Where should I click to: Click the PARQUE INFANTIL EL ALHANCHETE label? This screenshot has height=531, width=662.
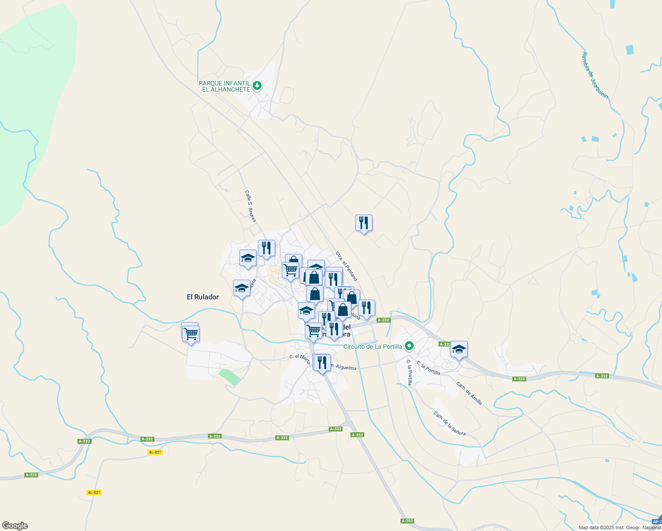point(224,86)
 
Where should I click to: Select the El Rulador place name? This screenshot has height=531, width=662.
point(203,297)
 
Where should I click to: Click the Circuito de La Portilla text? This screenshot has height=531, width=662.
point(373,346)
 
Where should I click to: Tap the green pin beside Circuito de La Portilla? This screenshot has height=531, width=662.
point(410,346)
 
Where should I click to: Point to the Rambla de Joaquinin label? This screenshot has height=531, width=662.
point(595,75)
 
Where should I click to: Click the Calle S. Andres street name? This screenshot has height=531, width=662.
point(250,206)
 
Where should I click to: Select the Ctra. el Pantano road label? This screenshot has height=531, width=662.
point(346,266)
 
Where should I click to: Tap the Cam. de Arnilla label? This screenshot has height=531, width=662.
point(469,393)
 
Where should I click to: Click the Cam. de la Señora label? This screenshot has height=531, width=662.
point(450,423)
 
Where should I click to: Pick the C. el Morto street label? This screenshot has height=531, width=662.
point(300,357)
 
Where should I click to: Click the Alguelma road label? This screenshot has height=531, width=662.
point(345,367)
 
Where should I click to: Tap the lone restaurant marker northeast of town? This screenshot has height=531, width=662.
point(364,223)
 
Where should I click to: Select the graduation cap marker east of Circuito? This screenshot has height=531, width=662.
point(459,349)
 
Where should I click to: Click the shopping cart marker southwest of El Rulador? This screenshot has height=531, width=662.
point(191,334)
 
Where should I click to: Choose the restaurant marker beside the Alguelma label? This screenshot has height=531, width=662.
point(322,362)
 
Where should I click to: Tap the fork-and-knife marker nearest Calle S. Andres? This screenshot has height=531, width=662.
point(266,248)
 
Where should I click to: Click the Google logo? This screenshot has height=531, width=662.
point(15,526)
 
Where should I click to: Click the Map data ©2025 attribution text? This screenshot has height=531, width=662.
point(620,527)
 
